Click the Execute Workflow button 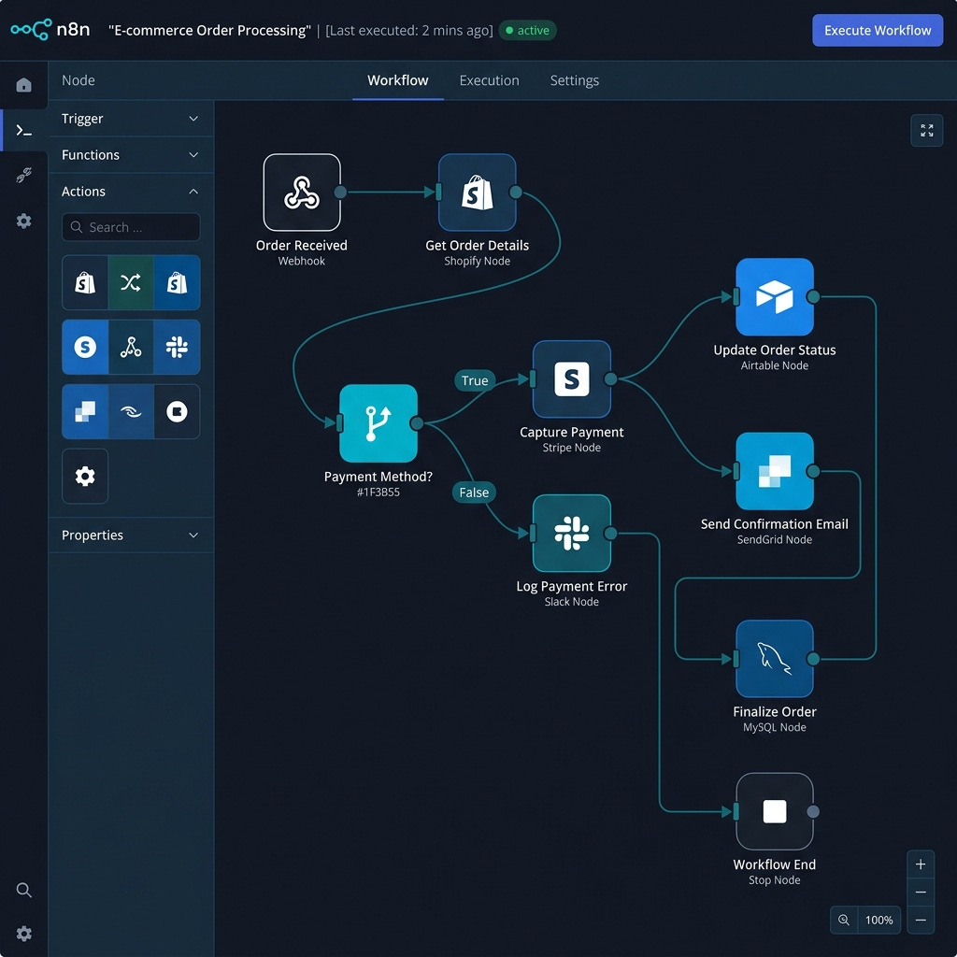point(877,31)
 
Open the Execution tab point(489,80)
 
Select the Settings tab point(575,80)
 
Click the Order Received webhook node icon point(302,193)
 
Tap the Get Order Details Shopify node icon point(477,193)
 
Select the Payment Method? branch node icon point(379,423)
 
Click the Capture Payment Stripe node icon point(571,379)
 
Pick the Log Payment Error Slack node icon point(571,533)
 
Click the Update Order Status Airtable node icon point(775,296)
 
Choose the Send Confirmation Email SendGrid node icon point(775,471)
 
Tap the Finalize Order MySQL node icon point(775,659)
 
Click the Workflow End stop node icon point(775,811)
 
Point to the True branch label point(475,381)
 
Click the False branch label point(474,493)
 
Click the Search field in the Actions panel point(131,227)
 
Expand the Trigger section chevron point(193,119)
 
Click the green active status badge point(527,31)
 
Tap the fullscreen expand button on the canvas point(926,131)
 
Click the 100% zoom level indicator point(878,920)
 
